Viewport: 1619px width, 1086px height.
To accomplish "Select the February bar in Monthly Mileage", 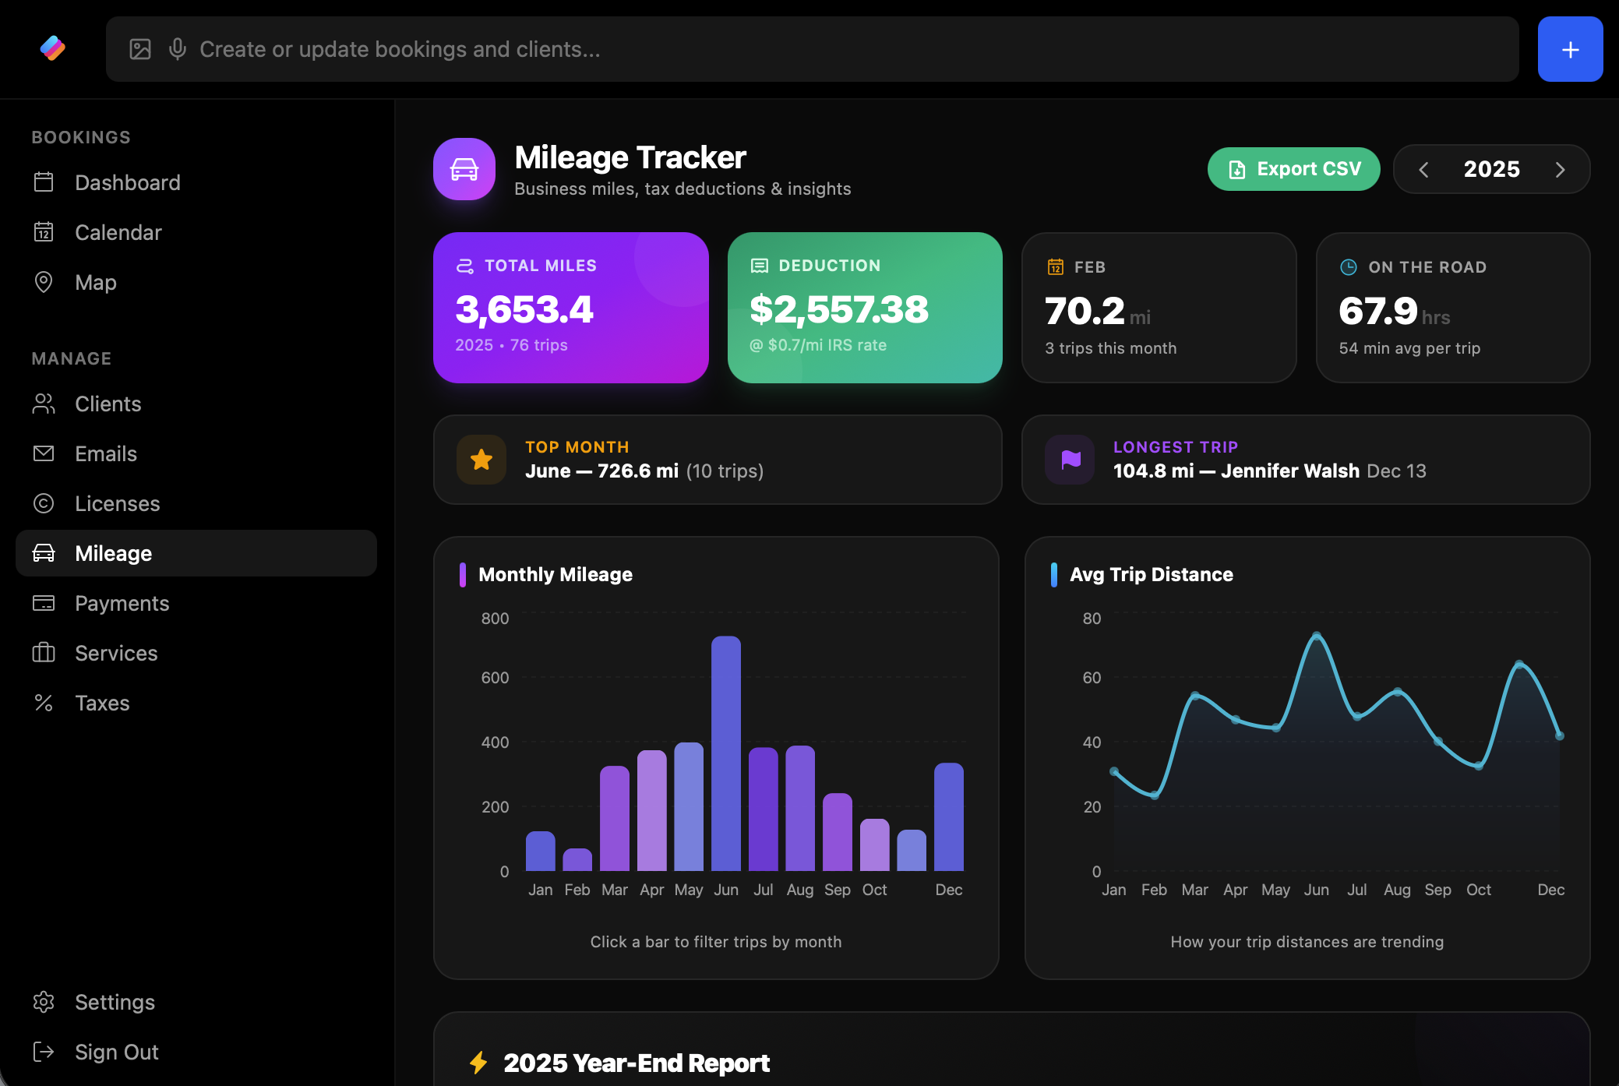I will coord(577,859).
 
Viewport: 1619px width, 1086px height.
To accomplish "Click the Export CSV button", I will coord(1293,169).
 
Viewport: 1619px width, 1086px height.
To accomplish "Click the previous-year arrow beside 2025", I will coord(1423,170).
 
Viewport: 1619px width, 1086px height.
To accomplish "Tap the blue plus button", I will coord(1570,50).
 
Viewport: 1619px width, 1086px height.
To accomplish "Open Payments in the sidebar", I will coord(122,603).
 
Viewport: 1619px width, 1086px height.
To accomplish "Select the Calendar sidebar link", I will coord(118,232).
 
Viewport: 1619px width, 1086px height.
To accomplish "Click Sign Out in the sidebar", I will coord(116,1052).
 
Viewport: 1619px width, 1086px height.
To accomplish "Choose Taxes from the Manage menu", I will coord(102,703).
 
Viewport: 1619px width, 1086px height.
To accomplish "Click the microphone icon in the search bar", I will coord(178,49).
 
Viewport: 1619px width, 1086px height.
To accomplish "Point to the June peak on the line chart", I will coord(1317,636).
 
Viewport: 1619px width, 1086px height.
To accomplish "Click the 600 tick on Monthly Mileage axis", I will coord(495,678).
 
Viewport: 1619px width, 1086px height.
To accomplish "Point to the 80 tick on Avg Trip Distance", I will coord(1092,619).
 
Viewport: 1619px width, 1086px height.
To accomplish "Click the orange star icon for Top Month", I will coord(481,460).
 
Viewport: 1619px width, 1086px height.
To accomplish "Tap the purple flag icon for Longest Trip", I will coord(1071,460).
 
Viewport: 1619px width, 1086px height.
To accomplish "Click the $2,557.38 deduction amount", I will coord(838,309).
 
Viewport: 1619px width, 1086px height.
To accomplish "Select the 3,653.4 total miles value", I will coord(524,309).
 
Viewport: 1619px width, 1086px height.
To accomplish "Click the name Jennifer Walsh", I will coord(1289,471).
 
